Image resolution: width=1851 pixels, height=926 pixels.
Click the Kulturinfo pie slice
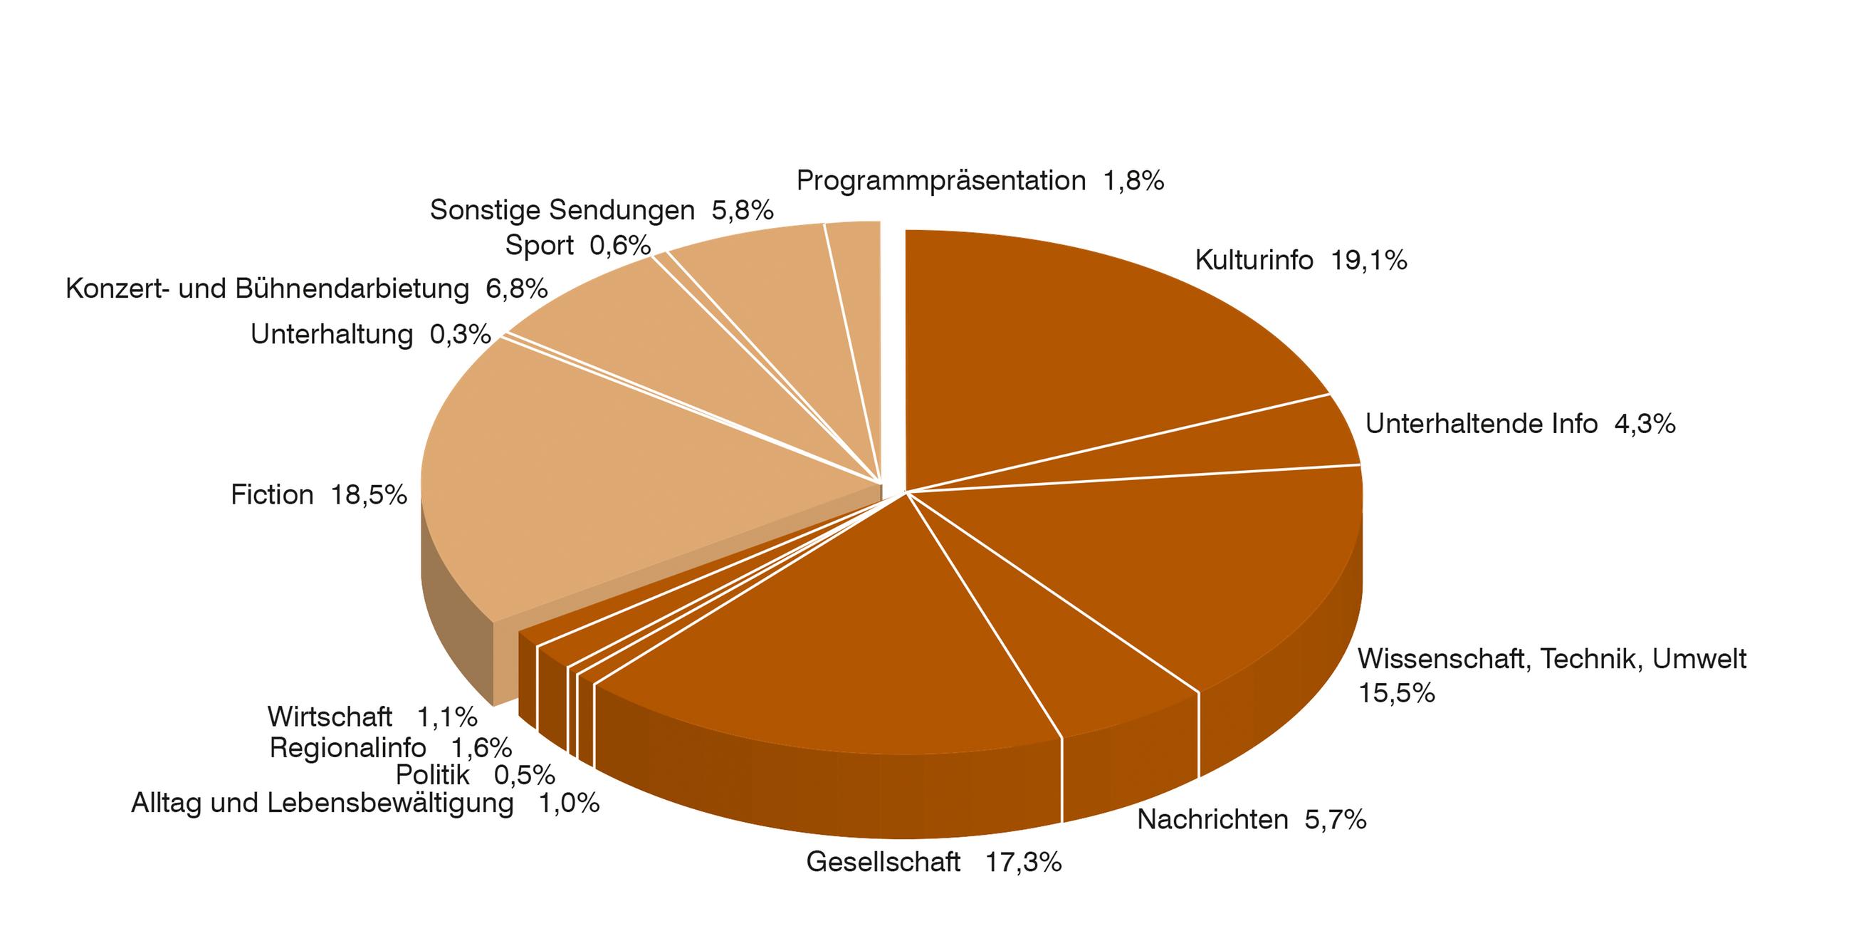(1092, 345)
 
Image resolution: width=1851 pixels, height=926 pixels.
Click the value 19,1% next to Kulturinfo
(1368, 260)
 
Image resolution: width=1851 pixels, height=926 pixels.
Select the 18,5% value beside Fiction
(369, 495)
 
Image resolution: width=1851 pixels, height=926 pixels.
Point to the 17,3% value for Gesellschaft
(1022, 862)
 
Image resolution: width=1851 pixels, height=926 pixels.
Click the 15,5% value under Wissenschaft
(1396, 693)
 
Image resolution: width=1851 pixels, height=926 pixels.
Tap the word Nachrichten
(1212, 820)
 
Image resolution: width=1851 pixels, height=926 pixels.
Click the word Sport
(539, 246)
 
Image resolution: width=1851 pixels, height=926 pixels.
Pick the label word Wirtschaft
(330, 717)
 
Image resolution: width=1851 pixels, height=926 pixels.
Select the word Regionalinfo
(348, 749)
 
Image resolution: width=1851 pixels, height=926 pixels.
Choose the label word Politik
(433, 776)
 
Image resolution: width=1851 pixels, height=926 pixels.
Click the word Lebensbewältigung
(390, 803)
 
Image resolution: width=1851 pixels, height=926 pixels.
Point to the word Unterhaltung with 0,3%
(331, 335)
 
